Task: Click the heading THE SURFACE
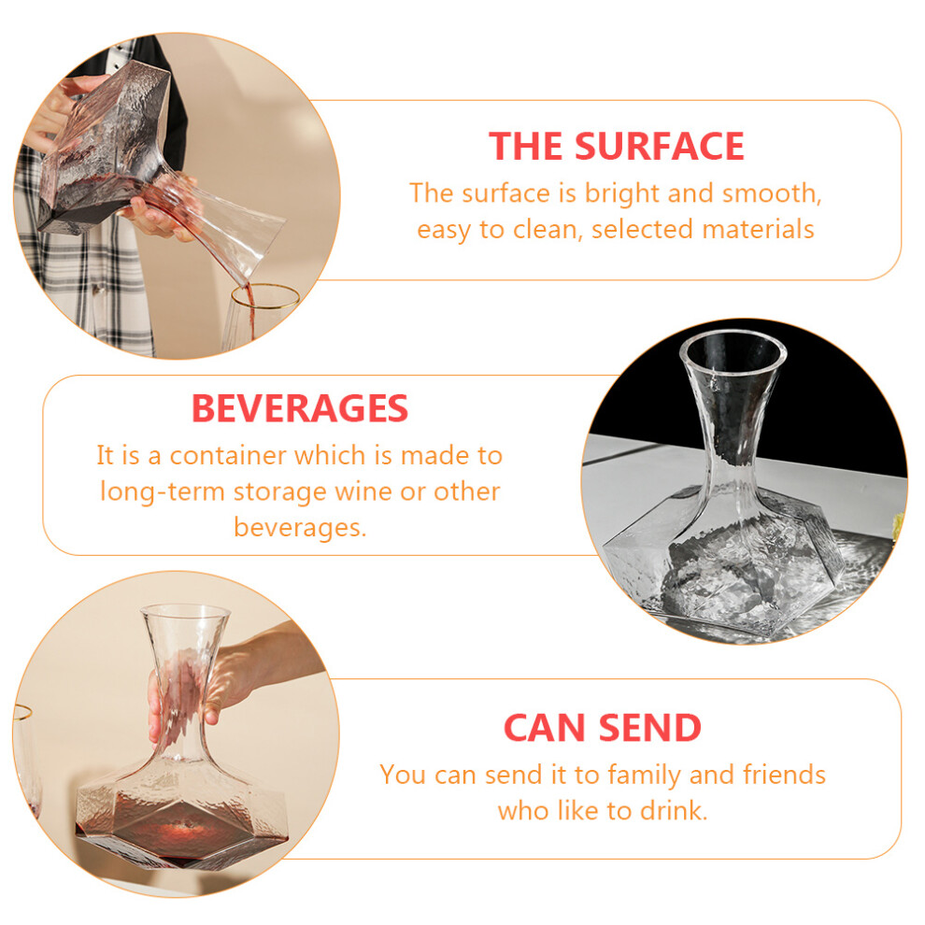(x=617, y=147)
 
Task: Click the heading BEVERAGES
(x=300, y=408)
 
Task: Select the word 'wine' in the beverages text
(x=363, y=491)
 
